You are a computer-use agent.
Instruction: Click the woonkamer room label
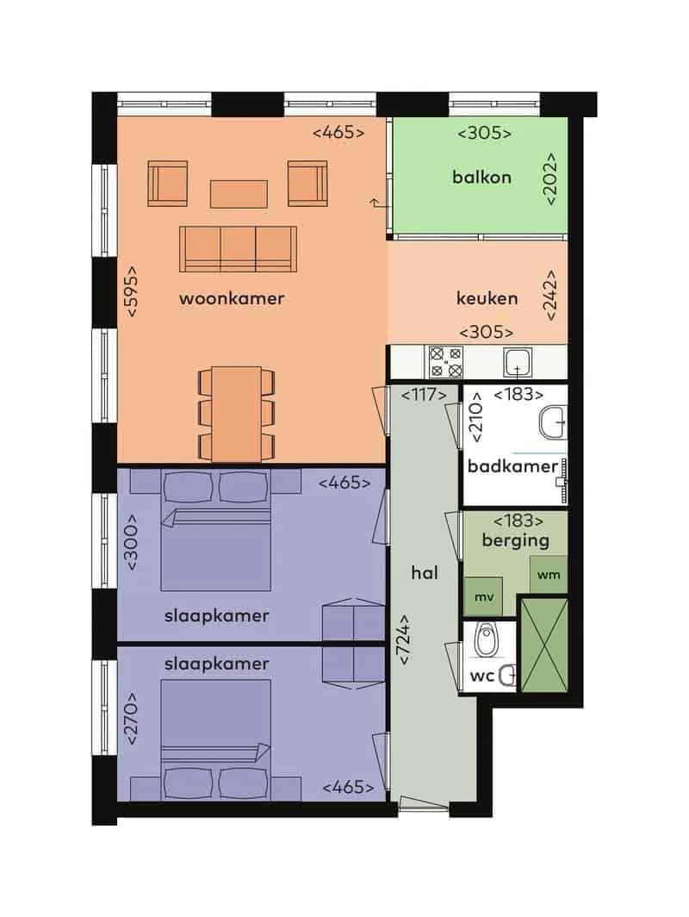[x=232, y=298]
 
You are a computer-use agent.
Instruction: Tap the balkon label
[x=481, y=177]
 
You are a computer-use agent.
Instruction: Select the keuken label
[x=487, y=298]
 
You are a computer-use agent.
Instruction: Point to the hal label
[x=425, y=572]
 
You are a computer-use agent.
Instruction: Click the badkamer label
[x=513, y=466]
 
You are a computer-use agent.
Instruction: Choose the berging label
[x=515, y=540]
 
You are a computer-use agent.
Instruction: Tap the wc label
[x=482, y=676]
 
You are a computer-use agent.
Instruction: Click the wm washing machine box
[x=549, y=574]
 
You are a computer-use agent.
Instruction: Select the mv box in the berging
[x=483, y=596]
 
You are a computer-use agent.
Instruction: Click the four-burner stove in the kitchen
[x=446, y=362]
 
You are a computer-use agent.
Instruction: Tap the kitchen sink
[x=518, y=363]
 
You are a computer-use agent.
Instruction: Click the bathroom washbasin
[x=553, y=421]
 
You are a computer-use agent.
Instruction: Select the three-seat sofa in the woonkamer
[x=238, y=248]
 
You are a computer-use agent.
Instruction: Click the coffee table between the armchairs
[x=239, y=194]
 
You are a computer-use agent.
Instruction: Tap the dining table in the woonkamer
[x=236, y=414]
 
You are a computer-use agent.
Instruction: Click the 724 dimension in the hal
[x=404, y=639]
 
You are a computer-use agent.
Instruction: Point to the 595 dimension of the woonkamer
[x=132, y=291]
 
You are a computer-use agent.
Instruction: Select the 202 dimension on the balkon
[x=550, y=179]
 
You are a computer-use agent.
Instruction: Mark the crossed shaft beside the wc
[x=543, y=645]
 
